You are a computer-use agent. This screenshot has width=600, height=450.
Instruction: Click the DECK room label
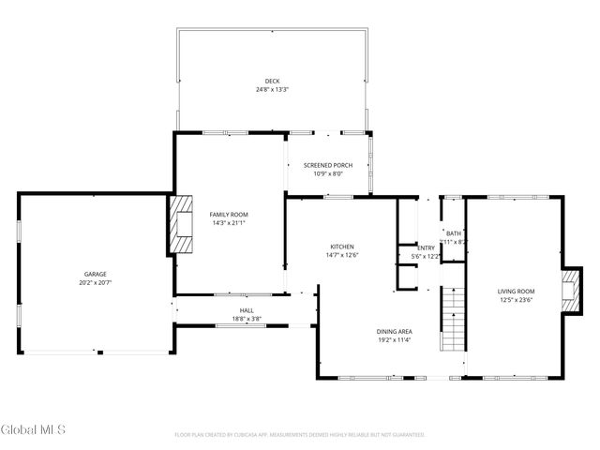(272, 82)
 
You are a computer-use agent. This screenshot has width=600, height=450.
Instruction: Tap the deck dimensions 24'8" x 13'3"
(272, 90)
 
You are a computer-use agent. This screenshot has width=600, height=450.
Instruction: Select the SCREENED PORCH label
(328, 165)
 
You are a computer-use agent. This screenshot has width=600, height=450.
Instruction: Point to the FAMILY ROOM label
(229, 215)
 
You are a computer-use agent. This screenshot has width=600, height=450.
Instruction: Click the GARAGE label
(94, 273)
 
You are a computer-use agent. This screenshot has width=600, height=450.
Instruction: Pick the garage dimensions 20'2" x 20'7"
(94, 281)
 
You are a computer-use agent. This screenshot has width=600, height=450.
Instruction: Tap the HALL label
(247, 310)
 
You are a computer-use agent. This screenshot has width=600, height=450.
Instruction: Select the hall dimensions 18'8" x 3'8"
(247, 319)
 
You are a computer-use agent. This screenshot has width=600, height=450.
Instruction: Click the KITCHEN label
(341, 247)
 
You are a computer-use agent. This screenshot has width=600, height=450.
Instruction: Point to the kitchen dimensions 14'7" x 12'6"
(341, 255)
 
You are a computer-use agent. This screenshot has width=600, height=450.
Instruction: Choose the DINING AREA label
(395, 332)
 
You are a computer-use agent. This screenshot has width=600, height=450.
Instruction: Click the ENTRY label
(426, 247)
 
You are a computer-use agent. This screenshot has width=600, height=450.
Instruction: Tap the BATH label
(454, 233)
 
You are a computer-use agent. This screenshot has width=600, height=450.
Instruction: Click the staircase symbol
(453, 318)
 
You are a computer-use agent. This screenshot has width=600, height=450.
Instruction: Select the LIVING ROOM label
(516, 292)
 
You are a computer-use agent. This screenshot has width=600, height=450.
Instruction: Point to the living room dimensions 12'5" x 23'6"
(516, 300)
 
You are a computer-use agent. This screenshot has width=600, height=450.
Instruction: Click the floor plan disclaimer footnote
(300, 435)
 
